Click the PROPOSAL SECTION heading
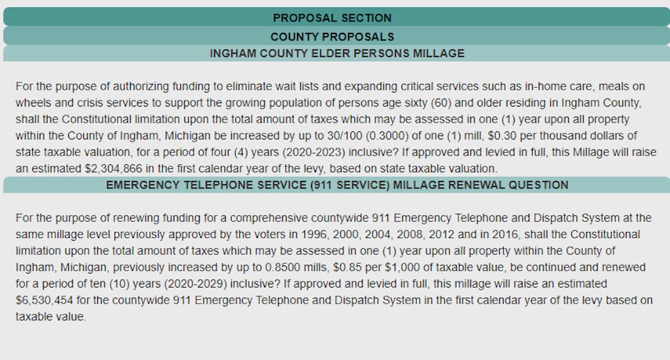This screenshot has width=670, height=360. [332, 18]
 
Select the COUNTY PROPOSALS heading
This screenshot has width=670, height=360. [332, 36]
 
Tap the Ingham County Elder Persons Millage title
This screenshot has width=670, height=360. [337, 54]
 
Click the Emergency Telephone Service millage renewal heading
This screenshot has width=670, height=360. [337, 185]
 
